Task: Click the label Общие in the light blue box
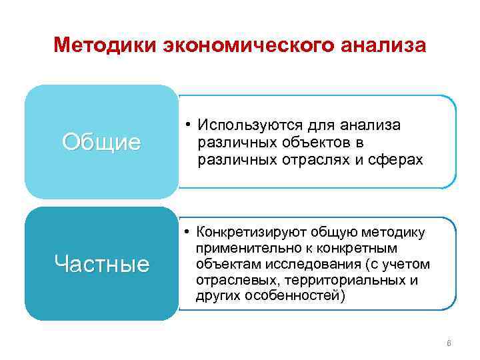coord(101,142)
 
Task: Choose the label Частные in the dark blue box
coord(101,264)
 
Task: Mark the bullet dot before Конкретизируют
coord(189,232)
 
